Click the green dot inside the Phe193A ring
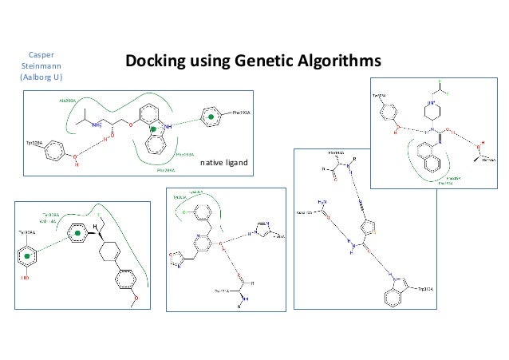(211, 117)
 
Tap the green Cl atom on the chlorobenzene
(183, 213)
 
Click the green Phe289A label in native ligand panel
(164, 169)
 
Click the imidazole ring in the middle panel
(263, 229)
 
